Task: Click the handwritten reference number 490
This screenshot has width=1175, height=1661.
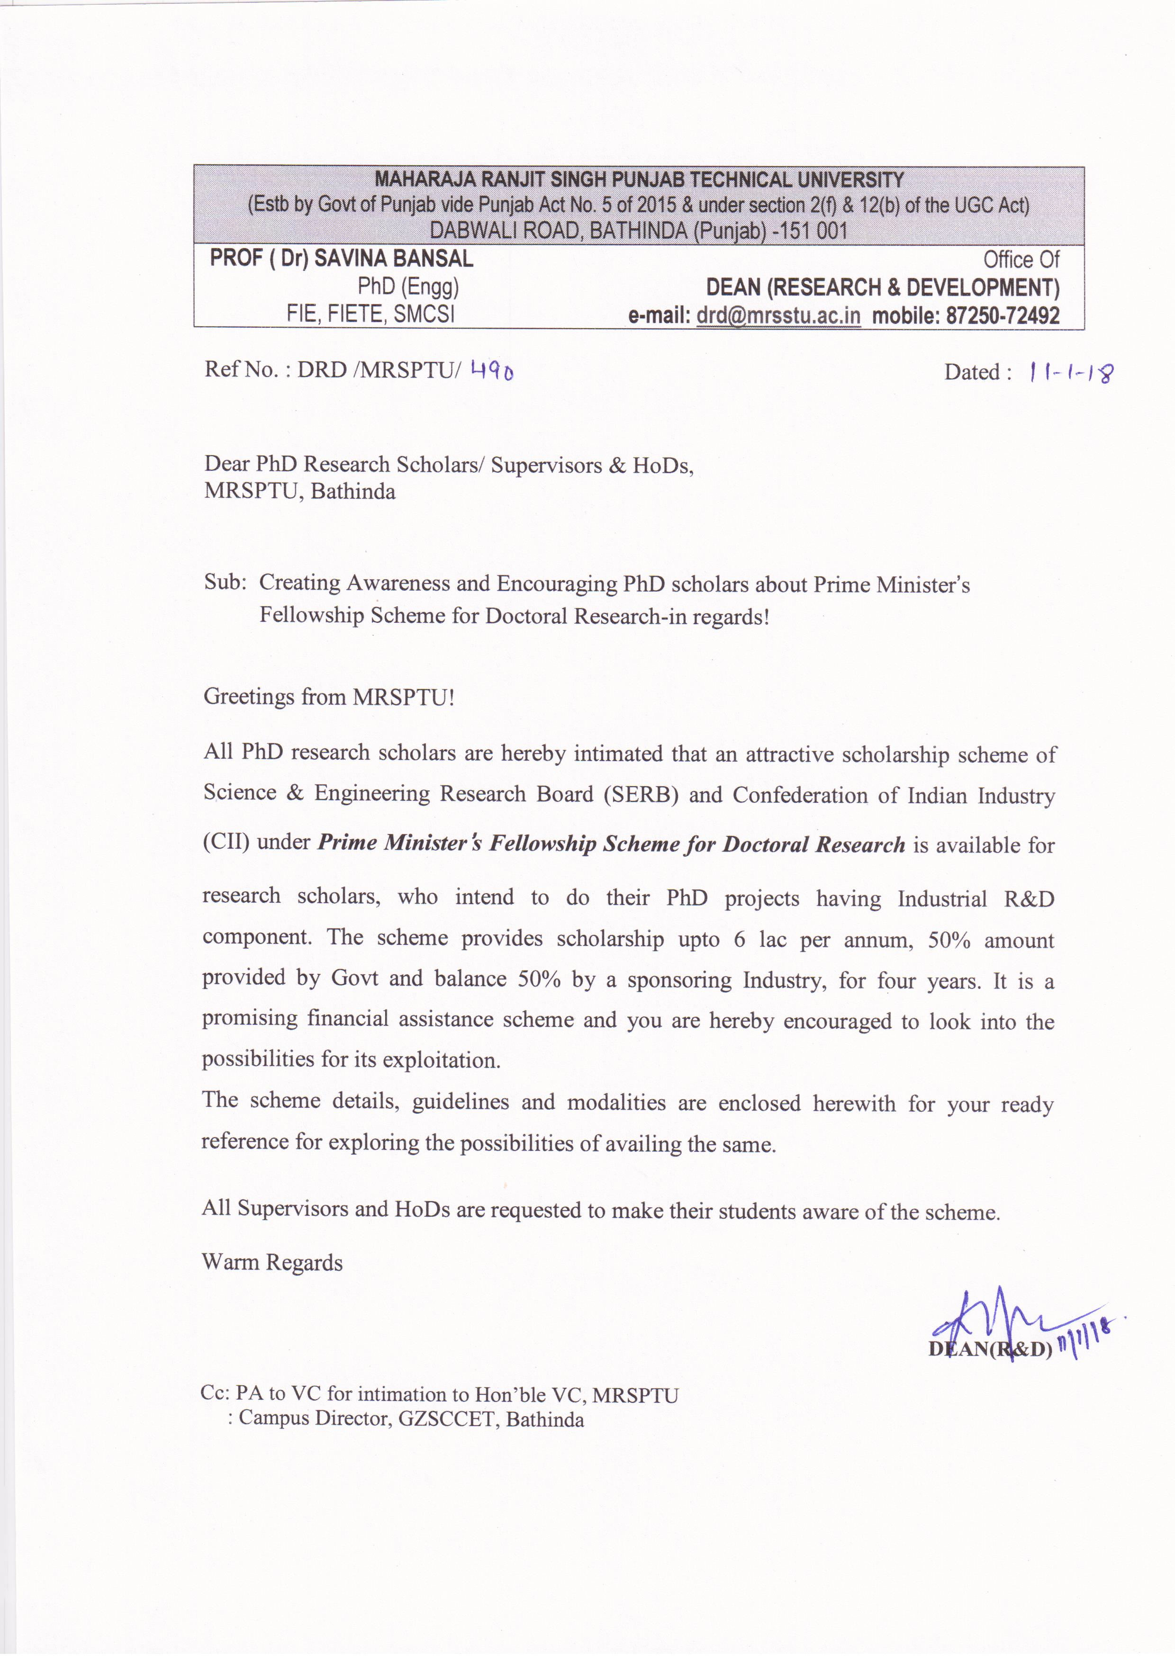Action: [x=492, y=372]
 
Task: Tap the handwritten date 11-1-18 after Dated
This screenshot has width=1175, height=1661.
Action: [x=1071, y=373]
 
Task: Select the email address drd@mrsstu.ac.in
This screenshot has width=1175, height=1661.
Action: [x=778, y=316]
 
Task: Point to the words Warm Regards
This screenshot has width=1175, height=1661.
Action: [x=272, y=1262]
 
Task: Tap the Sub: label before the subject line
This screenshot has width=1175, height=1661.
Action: [x=225, y=583]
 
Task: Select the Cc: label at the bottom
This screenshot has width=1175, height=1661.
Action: [x=215, y=1393]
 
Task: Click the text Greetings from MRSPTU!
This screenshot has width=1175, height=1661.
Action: [x=329, y=697]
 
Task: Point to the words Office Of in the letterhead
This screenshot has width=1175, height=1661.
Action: [x=1021, y=259]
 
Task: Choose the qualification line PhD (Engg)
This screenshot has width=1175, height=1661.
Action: [x=408, y=287]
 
